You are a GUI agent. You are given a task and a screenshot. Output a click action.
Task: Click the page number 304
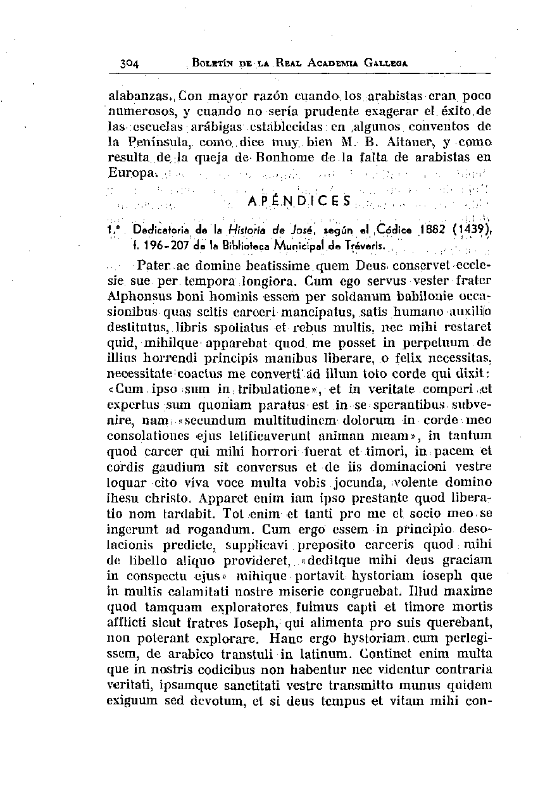point(134,63)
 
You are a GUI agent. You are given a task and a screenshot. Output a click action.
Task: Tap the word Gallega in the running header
point(385,63)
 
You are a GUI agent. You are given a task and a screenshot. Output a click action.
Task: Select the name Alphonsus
point(134,296)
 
